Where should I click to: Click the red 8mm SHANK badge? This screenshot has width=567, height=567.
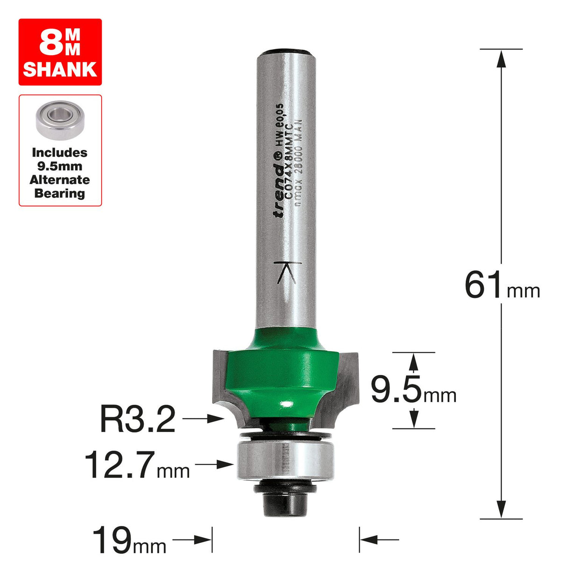(60, 52)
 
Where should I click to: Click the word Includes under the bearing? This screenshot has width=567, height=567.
(60, 153)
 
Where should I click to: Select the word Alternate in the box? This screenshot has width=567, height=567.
(60, 180)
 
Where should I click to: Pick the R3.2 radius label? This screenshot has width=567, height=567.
(138, 419)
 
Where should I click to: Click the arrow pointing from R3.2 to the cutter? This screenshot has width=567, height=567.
(204, 419)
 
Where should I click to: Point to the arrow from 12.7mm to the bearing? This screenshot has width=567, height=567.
(215, 464)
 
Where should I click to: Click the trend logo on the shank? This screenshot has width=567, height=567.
(279, 187)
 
